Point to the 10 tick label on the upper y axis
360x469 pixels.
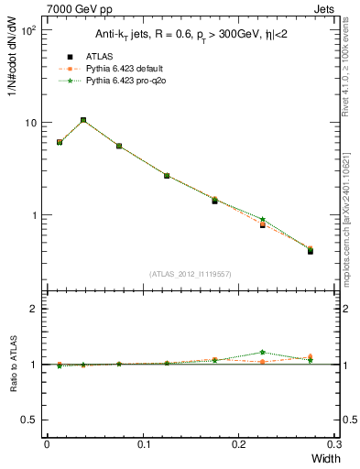(29, 123)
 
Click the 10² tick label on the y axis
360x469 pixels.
(29, 30)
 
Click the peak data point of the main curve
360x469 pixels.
(83, 120)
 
